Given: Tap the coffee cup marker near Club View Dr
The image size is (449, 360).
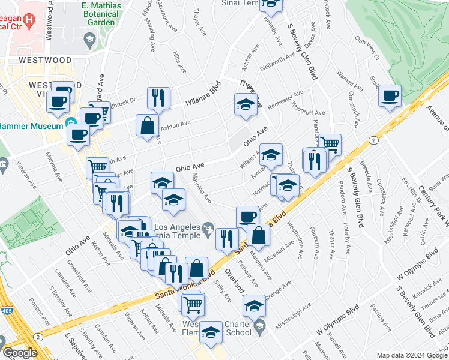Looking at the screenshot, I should (x=390, y=96).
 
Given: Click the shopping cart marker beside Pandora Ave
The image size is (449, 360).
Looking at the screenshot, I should (x=330, y=144).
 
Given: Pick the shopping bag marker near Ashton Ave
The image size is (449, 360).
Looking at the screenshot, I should (x=147, y=126).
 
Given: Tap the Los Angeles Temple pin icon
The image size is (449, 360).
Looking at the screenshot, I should (x=208, y=227).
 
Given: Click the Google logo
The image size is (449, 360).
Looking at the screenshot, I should (x=20, y=353).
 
